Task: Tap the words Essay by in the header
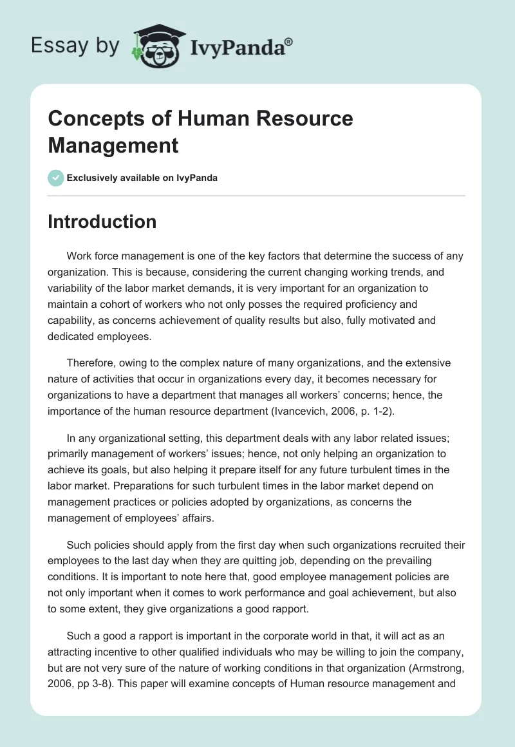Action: tap(75, 46)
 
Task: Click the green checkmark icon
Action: tap(56, 178)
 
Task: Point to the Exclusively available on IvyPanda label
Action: tap(142, 178)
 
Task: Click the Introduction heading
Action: tap(102, 222)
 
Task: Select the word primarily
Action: tap(70, 455)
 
